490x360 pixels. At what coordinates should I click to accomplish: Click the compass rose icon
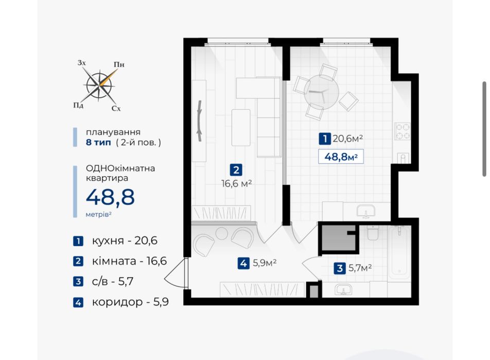[99, 85]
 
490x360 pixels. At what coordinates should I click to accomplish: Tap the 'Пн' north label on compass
[119, 64]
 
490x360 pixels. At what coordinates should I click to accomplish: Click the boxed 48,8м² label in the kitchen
[341, 157]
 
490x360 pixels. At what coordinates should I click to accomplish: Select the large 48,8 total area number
[110, 197]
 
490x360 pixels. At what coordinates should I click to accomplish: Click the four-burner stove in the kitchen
[402, 131]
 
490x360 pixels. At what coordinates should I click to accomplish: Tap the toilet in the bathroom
[373, 232]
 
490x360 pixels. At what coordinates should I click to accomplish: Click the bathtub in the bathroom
[398, 252]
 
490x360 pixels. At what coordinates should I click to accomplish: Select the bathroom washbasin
[343, 289]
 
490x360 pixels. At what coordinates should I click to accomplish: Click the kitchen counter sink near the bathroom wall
[365, 211]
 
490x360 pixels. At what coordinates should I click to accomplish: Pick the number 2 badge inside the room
[236, 170]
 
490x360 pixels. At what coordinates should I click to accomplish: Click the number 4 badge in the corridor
[243, 263]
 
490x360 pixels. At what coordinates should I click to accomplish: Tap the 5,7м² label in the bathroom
[360, 268]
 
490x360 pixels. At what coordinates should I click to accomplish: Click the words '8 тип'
[98, 143]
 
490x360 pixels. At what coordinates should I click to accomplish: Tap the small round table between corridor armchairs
[221, 233]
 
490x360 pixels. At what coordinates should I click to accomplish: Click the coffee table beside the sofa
[241, 127]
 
